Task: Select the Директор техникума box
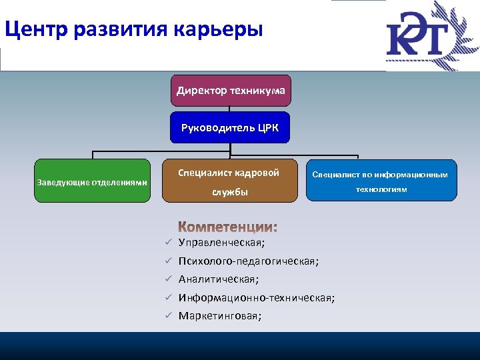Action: point(230,90)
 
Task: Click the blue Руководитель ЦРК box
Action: point(230,127)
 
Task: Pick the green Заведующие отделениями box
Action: point(92,181)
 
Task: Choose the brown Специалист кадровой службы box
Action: point(229,181)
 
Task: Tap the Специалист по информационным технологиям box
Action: point(381,181)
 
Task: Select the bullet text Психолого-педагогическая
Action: point(249,262)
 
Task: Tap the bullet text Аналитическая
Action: point(219,280)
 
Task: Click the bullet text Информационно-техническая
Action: point(257,298)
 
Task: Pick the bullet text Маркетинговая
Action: point(220,316)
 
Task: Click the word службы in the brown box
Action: point(230,192)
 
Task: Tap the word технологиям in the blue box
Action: point(381,189)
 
